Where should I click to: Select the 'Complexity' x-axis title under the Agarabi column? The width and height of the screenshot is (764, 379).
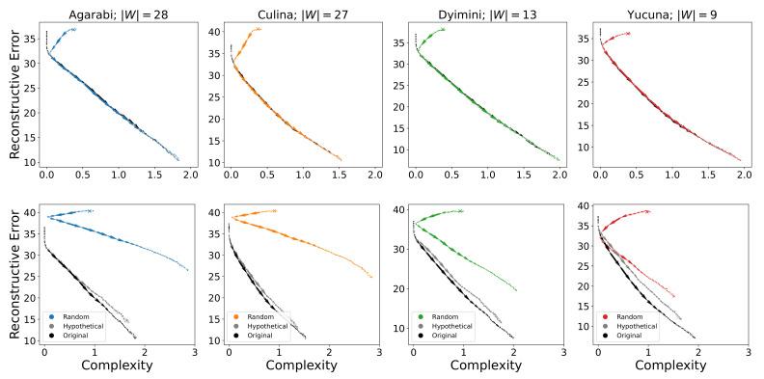119,366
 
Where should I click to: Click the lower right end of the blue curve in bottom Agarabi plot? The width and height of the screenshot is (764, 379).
187,270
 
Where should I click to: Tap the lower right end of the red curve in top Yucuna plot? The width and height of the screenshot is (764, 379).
740,160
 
